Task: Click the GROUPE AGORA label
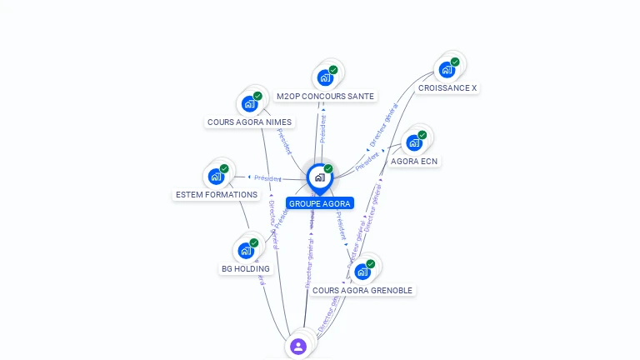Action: coord(320,203)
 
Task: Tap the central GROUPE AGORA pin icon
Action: coord(319,177)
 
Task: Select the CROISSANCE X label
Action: coord(447,88)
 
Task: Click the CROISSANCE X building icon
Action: coord(447,69)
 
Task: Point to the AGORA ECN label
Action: coord(414,161)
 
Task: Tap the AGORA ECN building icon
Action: coord(414,142)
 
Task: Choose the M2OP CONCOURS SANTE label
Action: coord(325,97)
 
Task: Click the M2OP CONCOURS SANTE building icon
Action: coord(325,77)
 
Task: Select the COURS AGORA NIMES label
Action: coord(249,122)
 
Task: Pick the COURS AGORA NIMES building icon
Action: coord(249,104)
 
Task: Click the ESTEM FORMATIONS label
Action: coord(217,195)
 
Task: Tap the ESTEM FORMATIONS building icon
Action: coord(216,176)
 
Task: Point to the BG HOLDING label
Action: coord(246,269)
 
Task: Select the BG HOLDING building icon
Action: coord(246,250)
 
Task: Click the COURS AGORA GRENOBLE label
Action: coord(362,290)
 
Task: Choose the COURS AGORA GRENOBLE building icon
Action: coord(362,272)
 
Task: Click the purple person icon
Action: coord(298,346)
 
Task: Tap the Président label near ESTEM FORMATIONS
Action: coord(267,178)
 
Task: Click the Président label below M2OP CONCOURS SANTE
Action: coord(323,124)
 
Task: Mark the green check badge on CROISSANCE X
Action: coord(455,62)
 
